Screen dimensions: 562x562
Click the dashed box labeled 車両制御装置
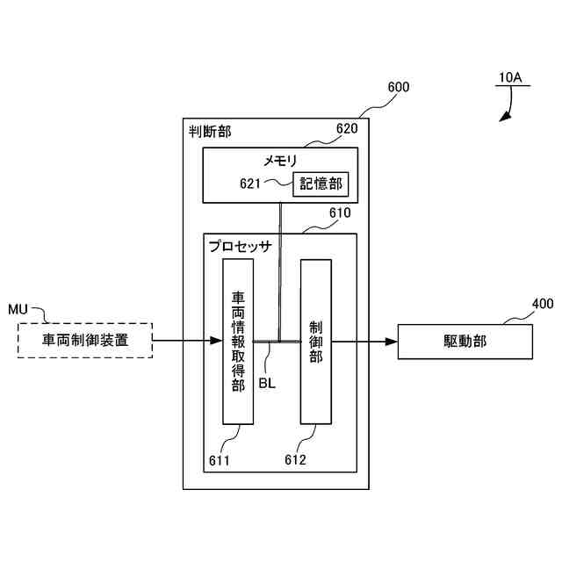click(x=85, y=340)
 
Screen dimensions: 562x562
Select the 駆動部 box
click(x=465, y=341)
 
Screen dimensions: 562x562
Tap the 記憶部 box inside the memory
click(x=320, y=184)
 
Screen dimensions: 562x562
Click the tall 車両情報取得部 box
click(x=237, y=341)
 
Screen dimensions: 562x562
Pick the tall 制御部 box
click(x=315, y=341)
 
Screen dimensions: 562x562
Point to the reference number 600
click(x=398, y=88)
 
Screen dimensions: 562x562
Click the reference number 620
click(x=347, y=129)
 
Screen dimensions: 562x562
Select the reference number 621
click(x=251, y=184)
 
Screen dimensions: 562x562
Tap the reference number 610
click(x=339, y=213)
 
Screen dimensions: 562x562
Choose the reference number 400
click(x=543, y=305)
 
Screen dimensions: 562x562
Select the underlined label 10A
click(x=509, y=78)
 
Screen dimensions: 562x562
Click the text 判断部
click(x=211, y=133)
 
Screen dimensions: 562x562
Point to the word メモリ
click(x=281, y=161)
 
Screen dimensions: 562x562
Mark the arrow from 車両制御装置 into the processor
click(x=187, y=341)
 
